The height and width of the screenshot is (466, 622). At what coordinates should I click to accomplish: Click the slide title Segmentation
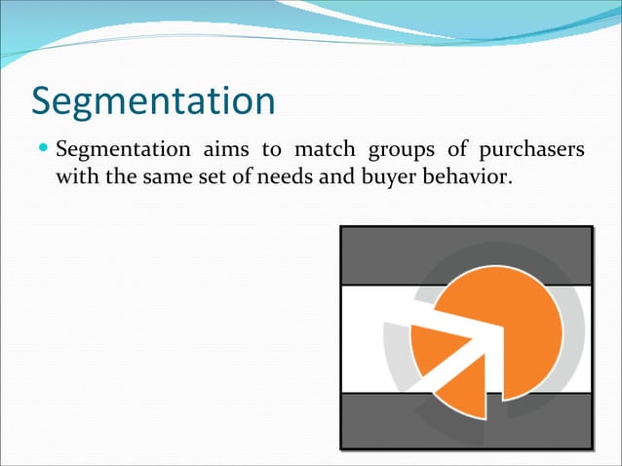(x=153, y=101)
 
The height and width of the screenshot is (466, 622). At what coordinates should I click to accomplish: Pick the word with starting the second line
(x=79, y=178)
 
